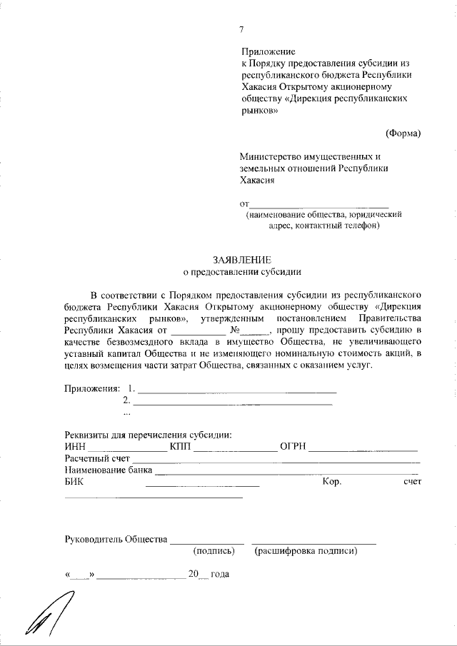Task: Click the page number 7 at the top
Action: pos(241,29)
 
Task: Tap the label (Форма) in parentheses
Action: pos(403,133)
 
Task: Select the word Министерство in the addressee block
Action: pos(276,157)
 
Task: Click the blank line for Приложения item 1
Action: pos(236,391)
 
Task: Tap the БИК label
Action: pos(74,482)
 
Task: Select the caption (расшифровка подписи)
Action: pos(306,551)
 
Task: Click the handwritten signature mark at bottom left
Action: pos(45,615)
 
